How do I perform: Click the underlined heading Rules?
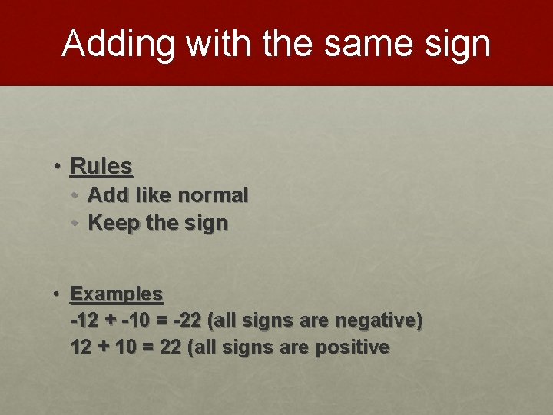click(101, 165)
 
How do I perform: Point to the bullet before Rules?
click(58, 165)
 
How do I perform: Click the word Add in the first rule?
click(107, 195)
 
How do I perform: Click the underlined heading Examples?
click(117, 294)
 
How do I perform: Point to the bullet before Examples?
click(58, 294)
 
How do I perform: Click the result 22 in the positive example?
click(171, 347)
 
